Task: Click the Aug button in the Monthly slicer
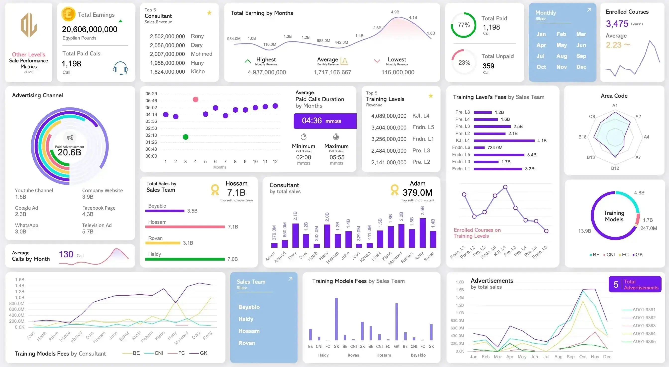click(x=561, y=56)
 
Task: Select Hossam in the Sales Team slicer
click(x=249, y=331)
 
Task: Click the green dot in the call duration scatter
click(x=185, y=137)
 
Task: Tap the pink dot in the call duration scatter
click(x=196, y=99)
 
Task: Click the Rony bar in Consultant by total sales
click(x=423, y=233)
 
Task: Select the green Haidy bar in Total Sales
click(x=185, y=259)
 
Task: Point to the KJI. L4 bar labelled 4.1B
click(x=504, y=141)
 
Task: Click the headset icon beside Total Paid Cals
click(x=120, y=68)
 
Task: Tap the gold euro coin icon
click(x=68, y=14)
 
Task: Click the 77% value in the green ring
click(x=464, y=25)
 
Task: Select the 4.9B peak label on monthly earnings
click(x=395, y=12)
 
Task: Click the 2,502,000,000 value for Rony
click(x=167, y=36)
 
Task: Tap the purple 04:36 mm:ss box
click(x=325, y=121)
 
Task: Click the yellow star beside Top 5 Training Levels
click(x=431, y=96)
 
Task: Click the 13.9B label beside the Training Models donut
click(x=584, y=231)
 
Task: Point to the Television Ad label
click(x=97, y=225)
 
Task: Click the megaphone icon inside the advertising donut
click(x=70, y=138)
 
